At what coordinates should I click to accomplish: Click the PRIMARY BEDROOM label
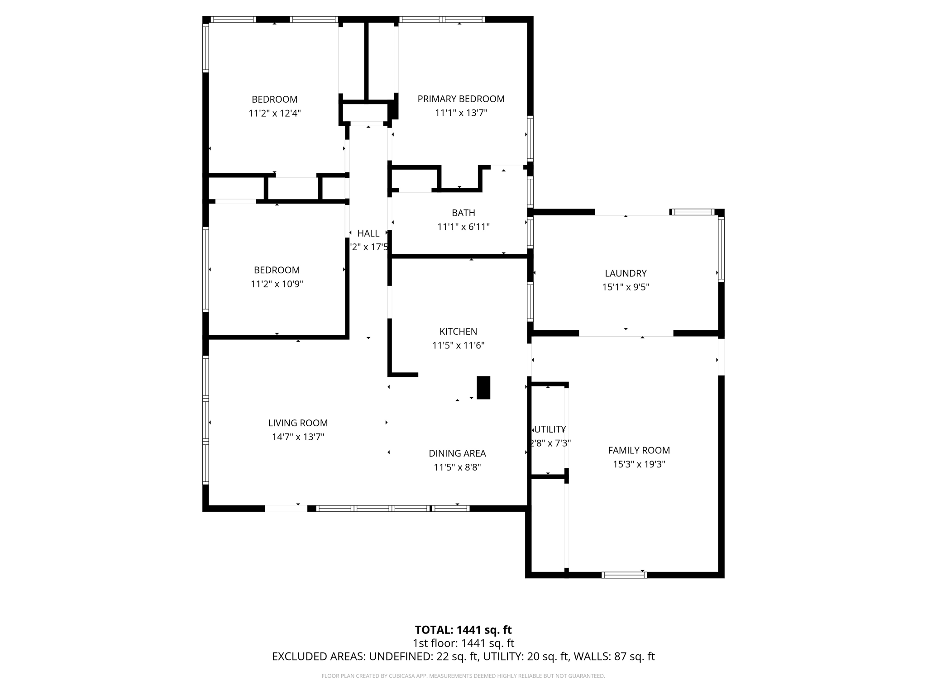point(461,99)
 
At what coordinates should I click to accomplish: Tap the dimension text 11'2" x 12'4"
point(274,113)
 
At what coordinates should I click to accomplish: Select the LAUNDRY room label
point(626,273)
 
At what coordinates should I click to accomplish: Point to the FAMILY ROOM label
point(639,450)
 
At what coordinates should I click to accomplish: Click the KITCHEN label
point(458,331)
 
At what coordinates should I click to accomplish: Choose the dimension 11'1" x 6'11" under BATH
point(463,227)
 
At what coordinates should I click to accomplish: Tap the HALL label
point(368,233)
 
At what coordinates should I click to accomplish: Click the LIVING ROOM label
point(298,423)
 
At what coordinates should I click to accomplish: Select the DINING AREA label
point(457,453)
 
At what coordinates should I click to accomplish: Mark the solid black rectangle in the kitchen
point(483,388)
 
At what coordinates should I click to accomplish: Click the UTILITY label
point(550,429)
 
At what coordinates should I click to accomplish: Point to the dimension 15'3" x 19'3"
point(639,464)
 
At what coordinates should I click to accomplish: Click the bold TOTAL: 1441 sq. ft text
point(463,630)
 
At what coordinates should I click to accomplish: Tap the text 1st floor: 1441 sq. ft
point(463,643)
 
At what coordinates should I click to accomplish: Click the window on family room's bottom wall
point(624,575)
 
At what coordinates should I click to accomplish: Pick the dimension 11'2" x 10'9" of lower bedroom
point(277,284)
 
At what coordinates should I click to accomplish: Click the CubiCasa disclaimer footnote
point(463,676)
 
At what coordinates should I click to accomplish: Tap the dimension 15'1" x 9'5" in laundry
point(626,287)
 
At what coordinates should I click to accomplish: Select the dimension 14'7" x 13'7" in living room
point(298,437)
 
